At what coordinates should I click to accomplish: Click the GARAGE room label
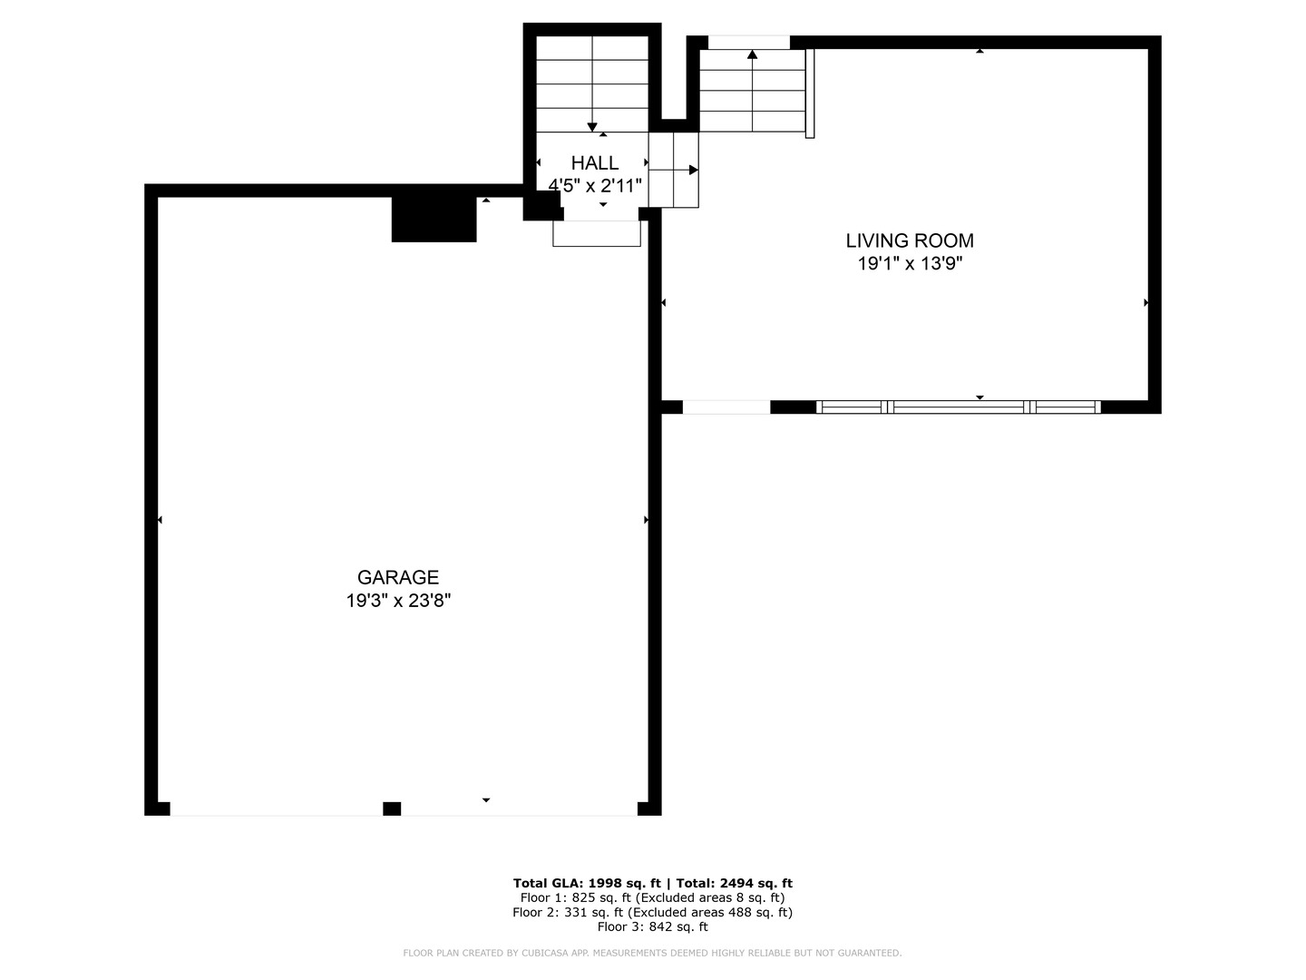(397, 577)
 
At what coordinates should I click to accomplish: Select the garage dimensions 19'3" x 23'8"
(398, 601)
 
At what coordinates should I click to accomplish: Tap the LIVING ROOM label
(910, 240)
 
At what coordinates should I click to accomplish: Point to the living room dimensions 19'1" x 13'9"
(910, 263)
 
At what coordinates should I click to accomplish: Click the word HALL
(594, 162)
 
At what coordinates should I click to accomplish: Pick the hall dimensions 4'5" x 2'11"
(594, 186)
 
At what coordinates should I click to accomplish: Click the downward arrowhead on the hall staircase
(592, 127)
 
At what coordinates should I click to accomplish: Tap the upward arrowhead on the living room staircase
(752, 54)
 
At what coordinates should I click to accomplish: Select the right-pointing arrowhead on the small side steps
(693, 171)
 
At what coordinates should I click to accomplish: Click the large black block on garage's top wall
(434, 220)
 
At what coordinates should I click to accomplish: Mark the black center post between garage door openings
(392, 808)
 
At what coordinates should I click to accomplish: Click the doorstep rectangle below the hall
(597, 233)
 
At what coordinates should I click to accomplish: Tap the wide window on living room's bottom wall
(958, 407)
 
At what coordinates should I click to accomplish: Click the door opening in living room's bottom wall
(726, 407)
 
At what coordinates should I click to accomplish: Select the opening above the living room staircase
(748, 43)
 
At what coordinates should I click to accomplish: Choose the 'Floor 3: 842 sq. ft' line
(653, 926)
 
